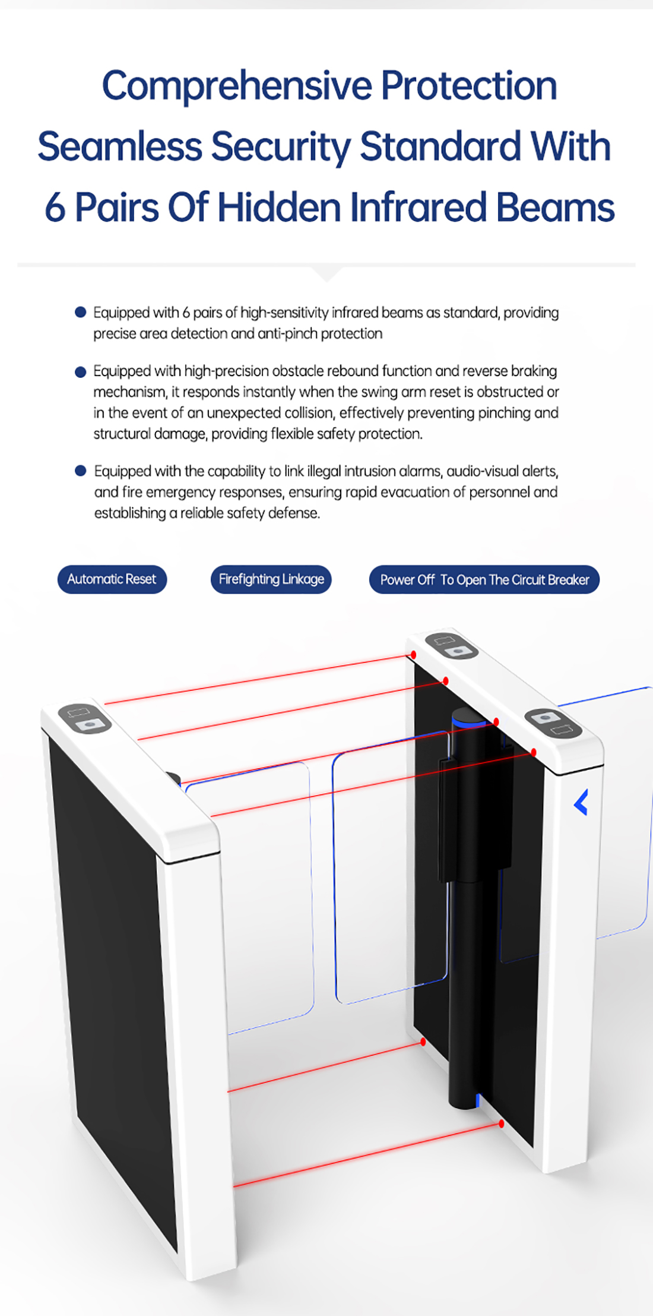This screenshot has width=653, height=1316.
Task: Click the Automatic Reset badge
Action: pyautogui.click(x=112, y=579)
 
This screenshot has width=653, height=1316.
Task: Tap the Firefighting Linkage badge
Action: pyautogui.click(x=271, y=579)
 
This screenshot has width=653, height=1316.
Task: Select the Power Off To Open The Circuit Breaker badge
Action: pyautogui.click(x=484, y=580)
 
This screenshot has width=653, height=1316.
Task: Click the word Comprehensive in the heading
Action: pyautogui.click(x=237, y=86)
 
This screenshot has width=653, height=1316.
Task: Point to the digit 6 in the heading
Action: pyautogui.click(x=55, y=207)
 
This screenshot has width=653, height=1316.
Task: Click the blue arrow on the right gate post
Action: pyautogui.click(x=581, y=802)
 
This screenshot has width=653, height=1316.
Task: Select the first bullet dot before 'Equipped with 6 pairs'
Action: pyautogui.click(x=81, y=313)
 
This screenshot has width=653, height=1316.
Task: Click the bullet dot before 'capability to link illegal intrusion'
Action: pyautogui.click(x=81, y=471)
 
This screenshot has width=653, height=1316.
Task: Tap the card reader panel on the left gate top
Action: pyautogui.click(x=84, y=718)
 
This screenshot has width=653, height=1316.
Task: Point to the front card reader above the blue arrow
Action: pyautogui.click(x=553, y=722)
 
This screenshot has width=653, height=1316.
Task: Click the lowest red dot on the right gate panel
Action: pyautogui.click(x=502, y=1124)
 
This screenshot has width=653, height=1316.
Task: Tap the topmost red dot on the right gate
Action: pyautogui.click(x=413, y=654)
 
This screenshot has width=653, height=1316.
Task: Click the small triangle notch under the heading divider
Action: pyautogui.click(x=326, y=274)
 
